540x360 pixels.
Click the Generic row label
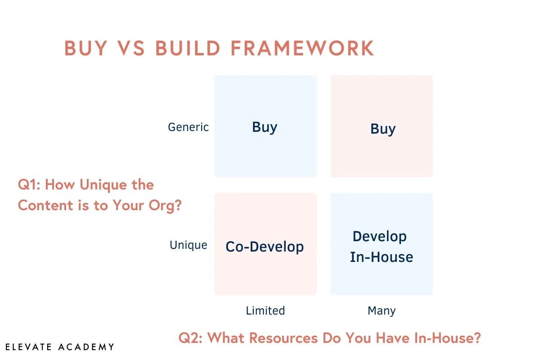tap(188, 127)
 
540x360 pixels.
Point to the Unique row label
tap(188, 245)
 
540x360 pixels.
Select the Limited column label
tap(265, 310)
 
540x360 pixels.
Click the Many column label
tap(382, 310)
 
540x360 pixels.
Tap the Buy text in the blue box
tap(265, 127)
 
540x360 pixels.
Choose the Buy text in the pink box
tap(383, 129)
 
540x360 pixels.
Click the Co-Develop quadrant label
tap(265, 247)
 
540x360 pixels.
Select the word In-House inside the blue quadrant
tap(382, 257)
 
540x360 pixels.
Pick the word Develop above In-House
tap(379, 236)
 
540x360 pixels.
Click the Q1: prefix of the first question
tap(29, 184)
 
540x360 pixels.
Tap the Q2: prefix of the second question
tap(190, 337)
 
